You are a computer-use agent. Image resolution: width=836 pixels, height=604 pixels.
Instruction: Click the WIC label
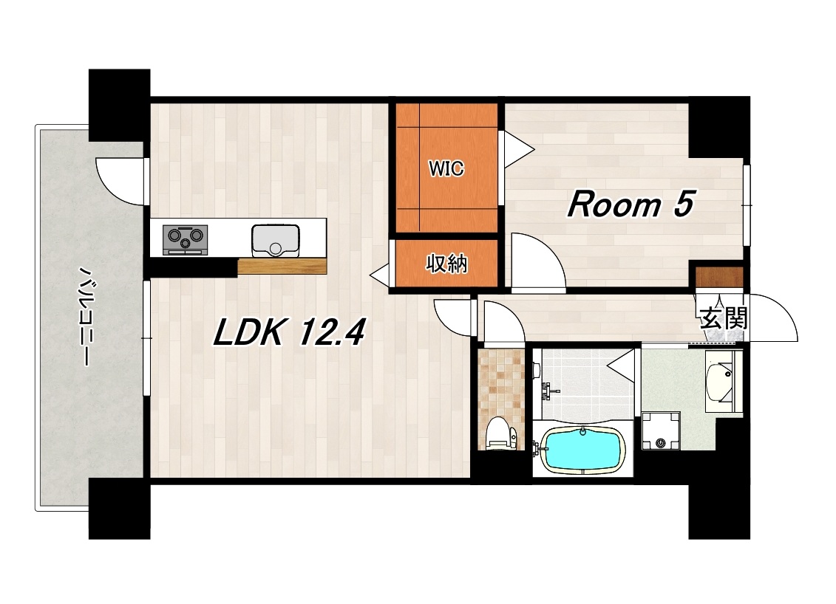tap(446, 169)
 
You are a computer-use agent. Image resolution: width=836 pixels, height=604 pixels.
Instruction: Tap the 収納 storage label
tap(446, 263)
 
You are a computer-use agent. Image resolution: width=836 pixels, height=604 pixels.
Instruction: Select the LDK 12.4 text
tap(289, 332)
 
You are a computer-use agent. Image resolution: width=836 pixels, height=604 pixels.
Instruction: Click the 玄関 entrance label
tap(724, 318)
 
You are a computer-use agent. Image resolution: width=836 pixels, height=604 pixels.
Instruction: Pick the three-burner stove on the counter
tap(185, 240)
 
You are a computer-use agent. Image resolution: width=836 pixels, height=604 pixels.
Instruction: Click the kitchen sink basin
tap(276, 241)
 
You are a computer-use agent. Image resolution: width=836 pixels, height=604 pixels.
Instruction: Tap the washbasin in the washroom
tap(720, 381)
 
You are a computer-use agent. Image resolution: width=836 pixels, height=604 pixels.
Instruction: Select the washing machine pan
tap(661, 430)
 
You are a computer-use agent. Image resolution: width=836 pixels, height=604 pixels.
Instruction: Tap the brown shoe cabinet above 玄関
tap(719, 278)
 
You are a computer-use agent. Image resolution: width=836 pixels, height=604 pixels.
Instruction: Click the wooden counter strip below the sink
tap(282, 266)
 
